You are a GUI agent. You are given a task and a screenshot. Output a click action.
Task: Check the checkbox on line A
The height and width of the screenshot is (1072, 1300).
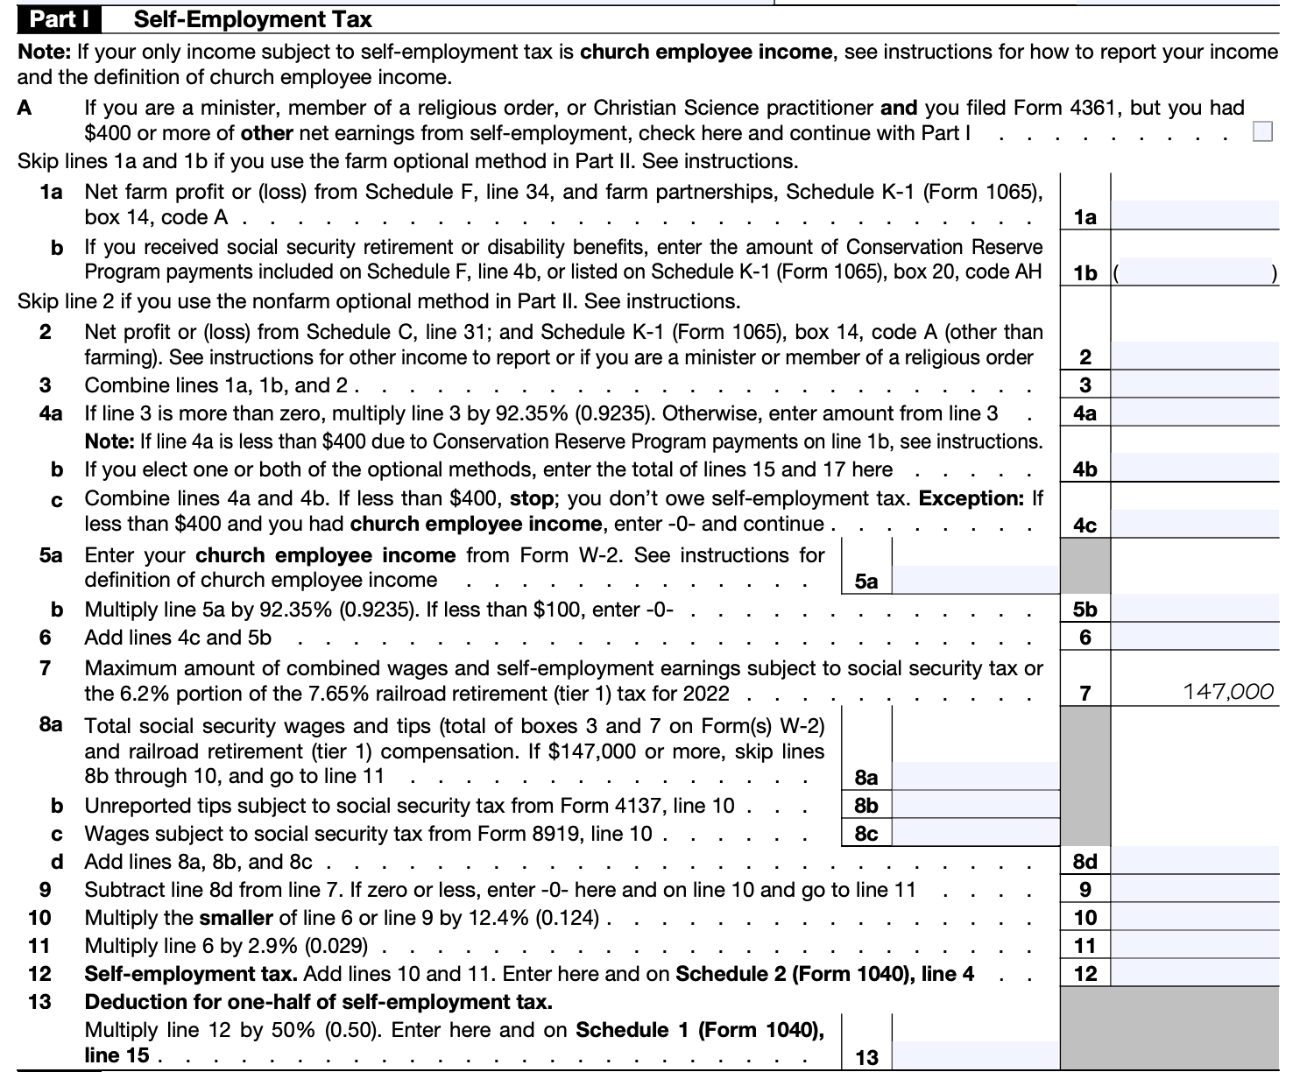coord(1262,132)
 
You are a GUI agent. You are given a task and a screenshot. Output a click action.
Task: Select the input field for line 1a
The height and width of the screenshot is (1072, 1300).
coord(1195,215)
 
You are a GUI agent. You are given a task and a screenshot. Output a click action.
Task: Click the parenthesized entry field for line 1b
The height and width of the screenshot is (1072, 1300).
coord(1195,273)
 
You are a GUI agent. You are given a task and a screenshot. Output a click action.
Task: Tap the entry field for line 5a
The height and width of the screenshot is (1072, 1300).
coord(974,580)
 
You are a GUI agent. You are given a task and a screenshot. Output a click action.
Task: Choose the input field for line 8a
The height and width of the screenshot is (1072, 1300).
coord(974,776)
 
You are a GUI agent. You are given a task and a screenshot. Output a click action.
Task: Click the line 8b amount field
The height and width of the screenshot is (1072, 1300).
coord(974,805)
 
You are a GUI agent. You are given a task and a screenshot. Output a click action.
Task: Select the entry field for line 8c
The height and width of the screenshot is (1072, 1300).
coord(974,833)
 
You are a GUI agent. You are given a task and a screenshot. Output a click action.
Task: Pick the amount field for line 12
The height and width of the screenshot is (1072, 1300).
coord(1195,973)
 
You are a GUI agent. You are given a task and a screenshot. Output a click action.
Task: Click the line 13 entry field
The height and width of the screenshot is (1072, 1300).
coord(974,1055)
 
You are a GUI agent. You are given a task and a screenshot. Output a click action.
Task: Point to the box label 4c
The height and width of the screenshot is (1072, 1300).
coord(1085,525)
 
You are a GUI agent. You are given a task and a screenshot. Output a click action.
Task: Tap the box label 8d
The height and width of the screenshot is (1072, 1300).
coord(1085,862)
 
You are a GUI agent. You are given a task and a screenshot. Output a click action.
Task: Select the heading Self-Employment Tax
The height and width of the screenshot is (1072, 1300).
coord(252,19)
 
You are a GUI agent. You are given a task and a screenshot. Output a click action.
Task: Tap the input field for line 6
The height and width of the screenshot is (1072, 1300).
coord(1195,637)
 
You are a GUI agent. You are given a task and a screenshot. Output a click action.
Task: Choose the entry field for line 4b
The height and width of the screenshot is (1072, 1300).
coord(1195,469)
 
